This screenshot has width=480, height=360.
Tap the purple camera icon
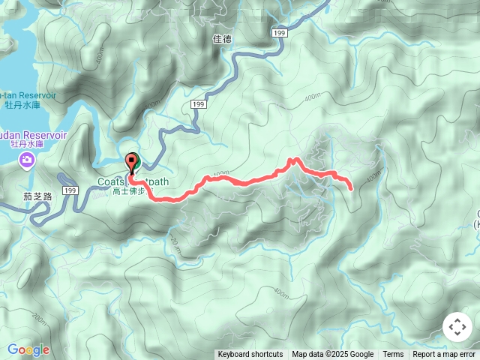[27, 160]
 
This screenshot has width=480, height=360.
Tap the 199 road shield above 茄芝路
[70, 191]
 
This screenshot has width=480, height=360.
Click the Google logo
[28, 349]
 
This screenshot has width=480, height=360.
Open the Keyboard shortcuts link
[250, 355]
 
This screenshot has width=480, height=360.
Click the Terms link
[393, 355]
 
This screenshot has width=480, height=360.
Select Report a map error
[444, 355]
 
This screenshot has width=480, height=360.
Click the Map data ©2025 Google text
[332, 355]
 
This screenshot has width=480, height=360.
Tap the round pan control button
[456, 328]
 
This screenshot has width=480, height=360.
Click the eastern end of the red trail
[351, 186]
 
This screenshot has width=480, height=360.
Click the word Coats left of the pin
[111, 181]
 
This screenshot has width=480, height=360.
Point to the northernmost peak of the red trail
[295, 159]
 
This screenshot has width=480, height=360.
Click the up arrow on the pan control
[456, 319]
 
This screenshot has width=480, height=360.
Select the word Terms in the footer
[393, 355]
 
